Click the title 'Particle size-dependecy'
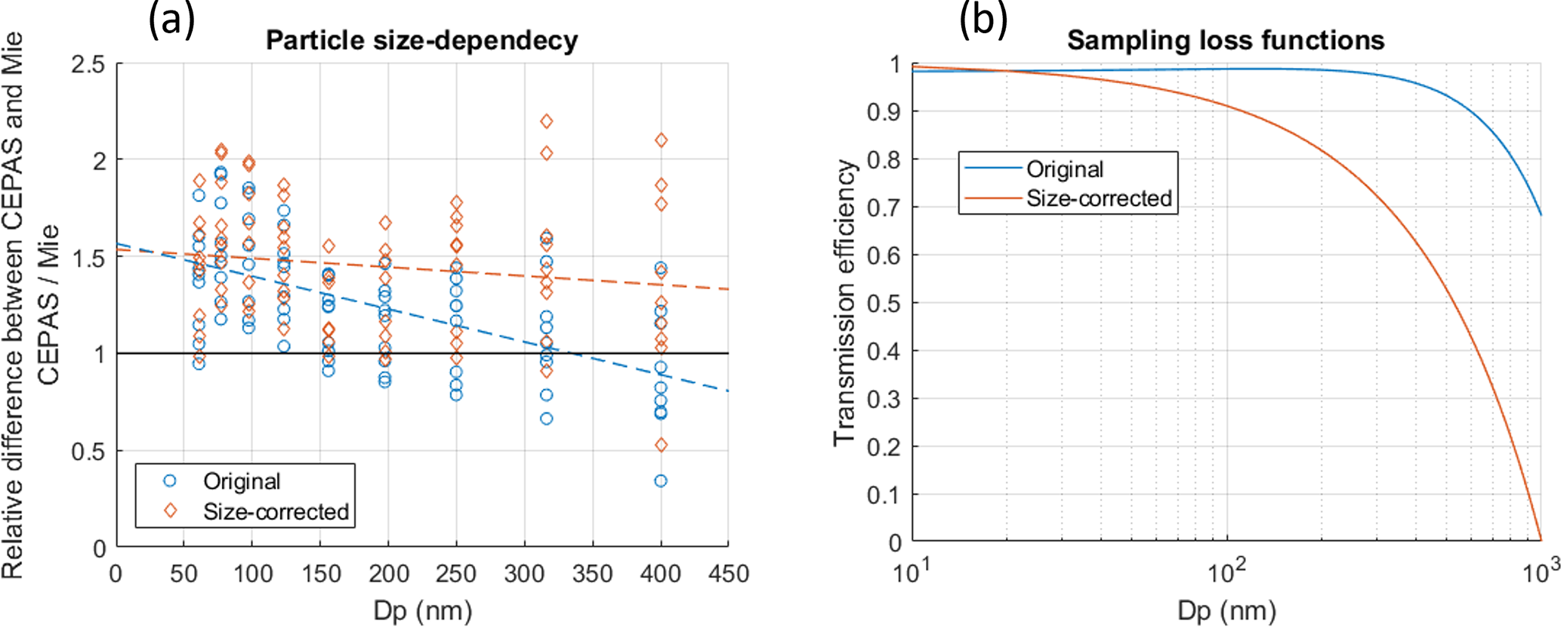point(421,40)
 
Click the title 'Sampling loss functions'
point(1225,40)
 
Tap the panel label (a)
point(171,19)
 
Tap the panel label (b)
point(983,19)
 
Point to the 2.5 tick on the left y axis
point(88,64)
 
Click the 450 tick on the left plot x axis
point(729,574)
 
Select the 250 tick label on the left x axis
point(455,574)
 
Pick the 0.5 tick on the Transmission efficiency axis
point(884,303)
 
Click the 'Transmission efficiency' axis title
point(844,303)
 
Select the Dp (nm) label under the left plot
point(422,610)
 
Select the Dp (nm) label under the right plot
point(1226,610)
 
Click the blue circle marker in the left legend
point(170,481)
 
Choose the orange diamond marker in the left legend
point(170,511)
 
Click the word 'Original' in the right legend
point(1065,169)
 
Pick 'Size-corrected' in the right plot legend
point(1099,199)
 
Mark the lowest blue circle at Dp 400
point(661,481)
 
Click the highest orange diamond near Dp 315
point(546,122)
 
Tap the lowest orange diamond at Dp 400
point(661,446)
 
